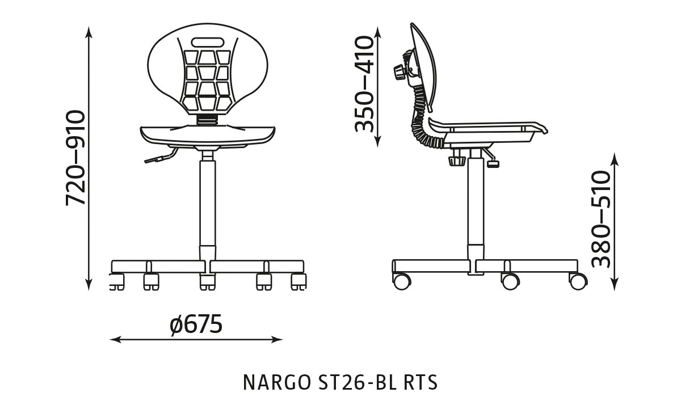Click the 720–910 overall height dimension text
tap(75, 158)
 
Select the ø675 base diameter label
tap(196, 325)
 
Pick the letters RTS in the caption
tap(421, 382)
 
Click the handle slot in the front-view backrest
tap(208, 42)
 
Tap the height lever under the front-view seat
tap(159, 157)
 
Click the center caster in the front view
tap(208, 281)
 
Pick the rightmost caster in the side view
tap(578, 280)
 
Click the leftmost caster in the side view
tap(402, 281)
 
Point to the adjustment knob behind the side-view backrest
tap(399, 73)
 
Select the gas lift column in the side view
tap(476, 204)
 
